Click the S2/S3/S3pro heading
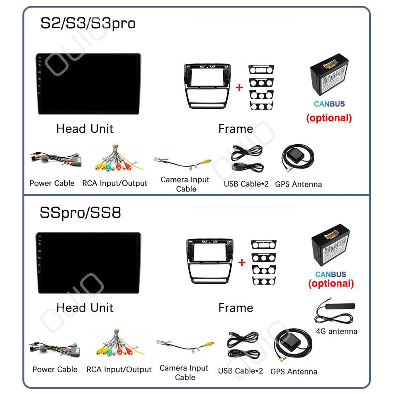[88, 23]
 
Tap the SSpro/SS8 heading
[80, 213]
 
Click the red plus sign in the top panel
[239, 88]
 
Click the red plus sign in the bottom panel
[242, 262]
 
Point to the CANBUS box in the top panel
[329, 79]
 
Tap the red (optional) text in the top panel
[329, 118]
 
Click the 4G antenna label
[336, 331]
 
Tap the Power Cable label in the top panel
[52, 183]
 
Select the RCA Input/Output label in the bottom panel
[119, 369]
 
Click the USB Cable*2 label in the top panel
[246, 184]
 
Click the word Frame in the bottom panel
[236, 308]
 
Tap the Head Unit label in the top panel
[85, 129]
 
